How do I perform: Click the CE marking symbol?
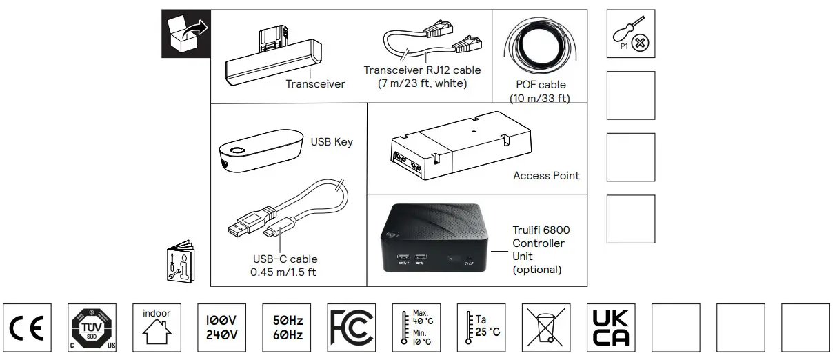coord(28,328)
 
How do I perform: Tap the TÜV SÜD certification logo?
coord(92,328)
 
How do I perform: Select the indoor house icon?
coord(157,328)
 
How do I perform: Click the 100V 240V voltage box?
coord(221,328)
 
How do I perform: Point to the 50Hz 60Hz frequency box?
coord(286,328)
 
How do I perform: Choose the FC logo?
coord(351,328)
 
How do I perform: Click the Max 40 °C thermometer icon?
coord(416,328)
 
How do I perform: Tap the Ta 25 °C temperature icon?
coord(481,328)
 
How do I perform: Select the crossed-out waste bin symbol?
coord(545,328)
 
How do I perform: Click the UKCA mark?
coord(610,328)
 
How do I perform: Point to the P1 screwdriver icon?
coord(631,34)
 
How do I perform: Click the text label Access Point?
coord(546,176)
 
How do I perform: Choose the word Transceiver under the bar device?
coord(315,84)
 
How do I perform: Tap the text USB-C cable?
coord(284,259)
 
